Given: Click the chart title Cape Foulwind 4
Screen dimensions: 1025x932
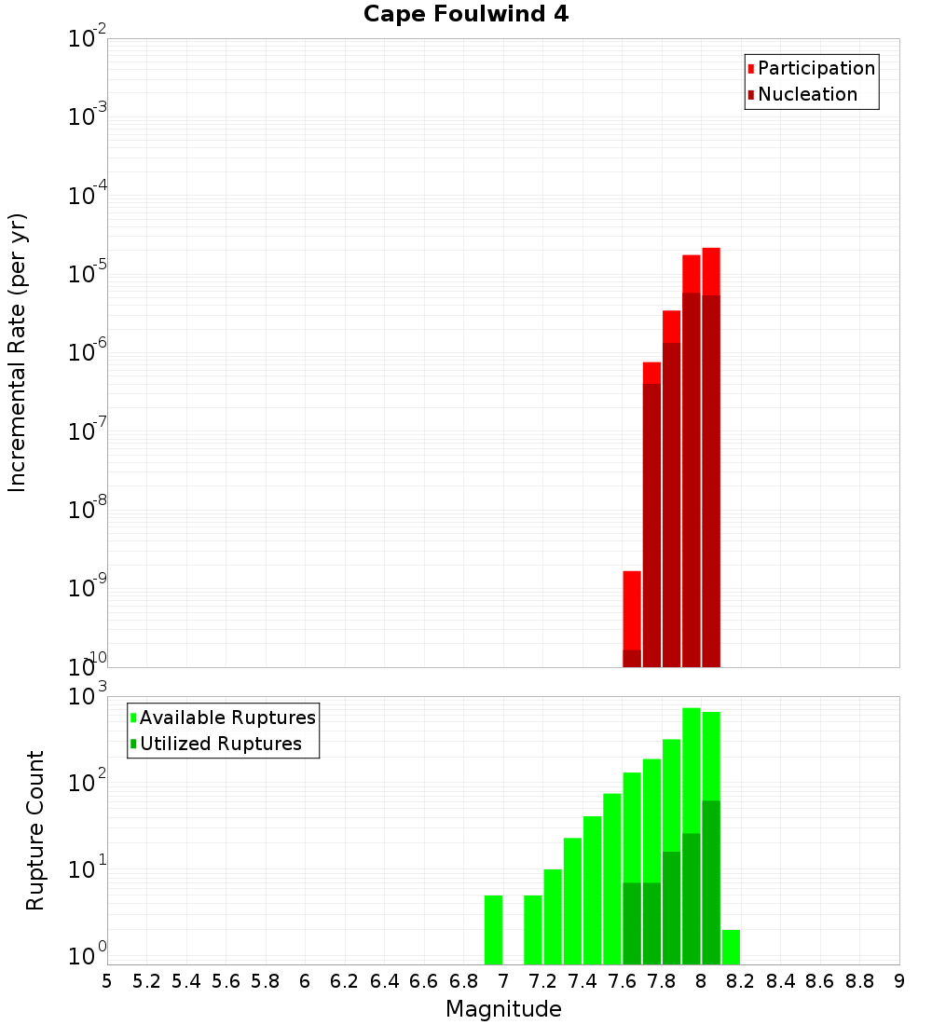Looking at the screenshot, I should (465, 14).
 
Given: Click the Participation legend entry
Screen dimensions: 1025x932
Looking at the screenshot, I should (815, 68).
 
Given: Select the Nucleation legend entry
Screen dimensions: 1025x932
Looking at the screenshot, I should (806, 94).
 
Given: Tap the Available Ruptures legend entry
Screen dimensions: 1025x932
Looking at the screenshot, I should (226, 717).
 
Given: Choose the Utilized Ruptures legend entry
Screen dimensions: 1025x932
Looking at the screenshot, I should (220, 744).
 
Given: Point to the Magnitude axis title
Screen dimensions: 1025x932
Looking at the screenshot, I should (503, 1009).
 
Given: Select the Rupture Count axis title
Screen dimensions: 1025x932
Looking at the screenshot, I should (35, 830).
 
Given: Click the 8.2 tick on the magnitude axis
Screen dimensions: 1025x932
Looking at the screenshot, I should (741, 981).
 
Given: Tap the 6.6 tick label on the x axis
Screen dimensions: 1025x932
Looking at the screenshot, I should (424, 981).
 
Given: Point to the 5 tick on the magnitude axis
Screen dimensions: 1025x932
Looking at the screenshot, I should (107, 981).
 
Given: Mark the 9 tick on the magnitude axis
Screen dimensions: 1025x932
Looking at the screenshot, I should (899, 981).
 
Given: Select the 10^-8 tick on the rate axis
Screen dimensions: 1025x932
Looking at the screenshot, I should (88, 510).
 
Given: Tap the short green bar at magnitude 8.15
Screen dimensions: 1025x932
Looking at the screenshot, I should (731, 947).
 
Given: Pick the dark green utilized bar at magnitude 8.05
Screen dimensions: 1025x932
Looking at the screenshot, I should (711, 881).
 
